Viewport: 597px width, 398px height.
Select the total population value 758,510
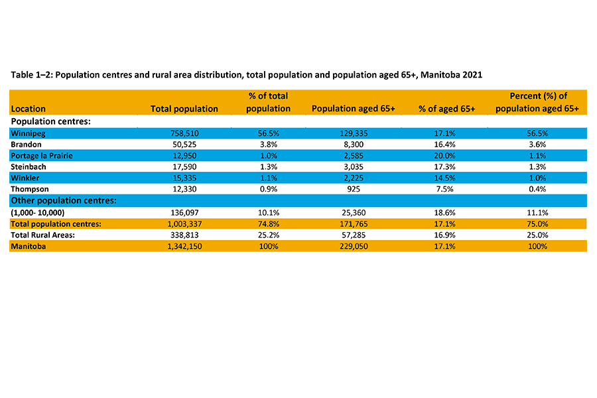[x=184, y=133]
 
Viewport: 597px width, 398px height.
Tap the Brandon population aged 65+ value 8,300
[x=354, y=145]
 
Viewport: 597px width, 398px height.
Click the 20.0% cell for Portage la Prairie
[x=447, y=156]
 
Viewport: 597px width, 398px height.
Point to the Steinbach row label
[x=30, y=167]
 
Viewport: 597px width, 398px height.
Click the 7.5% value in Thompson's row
[x=447, y=190]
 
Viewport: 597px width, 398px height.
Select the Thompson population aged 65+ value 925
[x=354, y=190]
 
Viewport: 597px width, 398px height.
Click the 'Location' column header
[x=29, y=109]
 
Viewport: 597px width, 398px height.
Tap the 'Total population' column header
[x=184, y=109]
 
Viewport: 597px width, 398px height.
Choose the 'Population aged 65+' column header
[x=354, y=109]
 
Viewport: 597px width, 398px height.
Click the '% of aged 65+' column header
[x=447, y=109]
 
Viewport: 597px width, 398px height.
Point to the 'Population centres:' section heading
[x=50, y=122]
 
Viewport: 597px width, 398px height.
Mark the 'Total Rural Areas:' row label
[x=44, y=235]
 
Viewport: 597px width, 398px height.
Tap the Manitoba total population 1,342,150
[x=184, y=246]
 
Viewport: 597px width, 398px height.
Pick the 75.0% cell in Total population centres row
[x=537, y=224]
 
